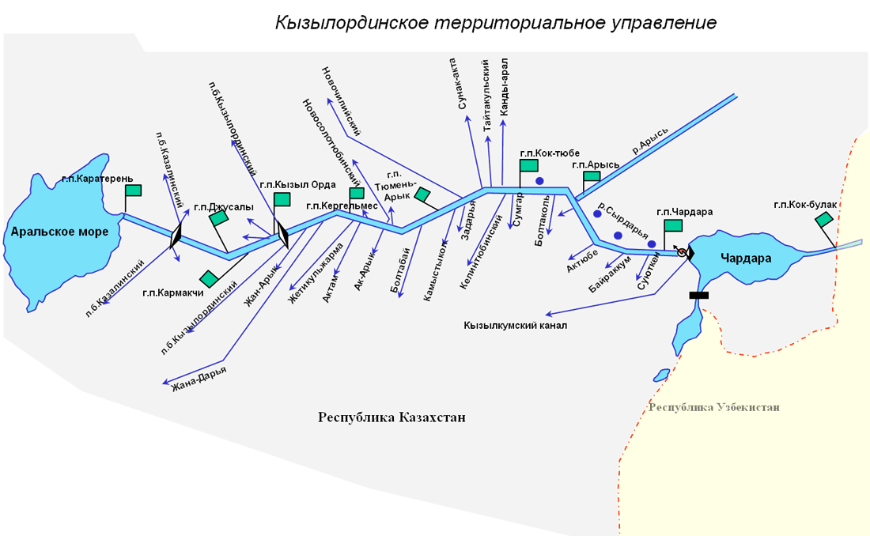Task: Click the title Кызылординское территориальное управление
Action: (495, 23)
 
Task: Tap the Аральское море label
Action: (60, 232)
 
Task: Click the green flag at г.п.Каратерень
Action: (133, 191)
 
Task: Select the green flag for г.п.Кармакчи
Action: (209, 278)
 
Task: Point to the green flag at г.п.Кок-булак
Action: (824, 219)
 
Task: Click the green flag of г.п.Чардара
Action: (673, 225)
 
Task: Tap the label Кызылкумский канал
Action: (516, 326)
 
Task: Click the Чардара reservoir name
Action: (746, 258)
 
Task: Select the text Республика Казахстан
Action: (391, 417)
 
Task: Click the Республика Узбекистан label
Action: (714, 407)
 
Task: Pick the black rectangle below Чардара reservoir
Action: (698, 295)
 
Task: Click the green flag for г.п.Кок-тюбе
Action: (529, 165)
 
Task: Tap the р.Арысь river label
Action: (650, 141)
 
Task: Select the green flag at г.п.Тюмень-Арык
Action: (422, 194)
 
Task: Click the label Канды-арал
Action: (504, 87)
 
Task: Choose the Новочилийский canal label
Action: (341, 101)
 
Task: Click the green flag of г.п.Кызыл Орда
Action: (282, 199)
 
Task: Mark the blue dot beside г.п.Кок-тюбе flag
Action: (539, 181)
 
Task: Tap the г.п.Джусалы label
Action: (224, 207)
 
